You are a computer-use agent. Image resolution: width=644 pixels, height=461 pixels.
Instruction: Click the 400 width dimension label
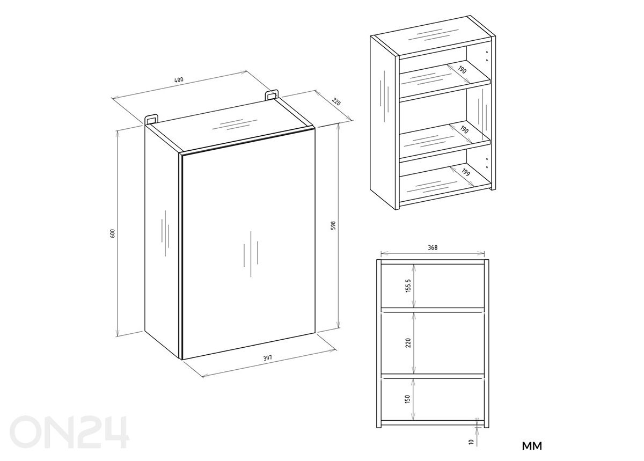[x=179, y=79]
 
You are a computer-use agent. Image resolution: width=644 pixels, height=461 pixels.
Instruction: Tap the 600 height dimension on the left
[x=112, y=233]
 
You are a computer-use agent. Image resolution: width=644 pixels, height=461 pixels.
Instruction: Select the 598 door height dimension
[x=333, y=225]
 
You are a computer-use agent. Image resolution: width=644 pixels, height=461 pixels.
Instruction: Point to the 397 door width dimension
[x=267, y=358]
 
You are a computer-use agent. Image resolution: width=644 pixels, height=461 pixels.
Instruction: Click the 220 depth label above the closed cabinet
[x=336, y=102]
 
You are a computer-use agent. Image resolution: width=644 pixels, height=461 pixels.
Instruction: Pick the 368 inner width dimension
[x=433, y=247]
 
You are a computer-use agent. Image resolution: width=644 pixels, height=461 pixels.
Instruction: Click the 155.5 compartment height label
[x=408, y=286]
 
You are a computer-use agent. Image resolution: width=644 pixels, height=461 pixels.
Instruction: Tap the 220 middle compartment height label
[x=408, y=343]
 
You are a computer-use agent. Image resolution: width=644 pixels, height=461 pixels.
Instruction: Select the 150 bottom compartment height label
[x=407, y=399]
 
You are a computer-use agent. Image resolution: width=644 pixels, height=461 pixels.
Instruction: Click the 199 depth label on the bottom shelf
[x=466, y=172]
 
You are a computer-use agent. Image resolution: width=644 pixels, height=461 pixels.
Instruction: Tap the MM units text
[x=532, y=446]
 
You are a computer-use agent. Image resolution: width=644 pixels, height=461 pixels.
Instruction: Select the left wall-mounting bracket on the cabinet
[x=151, y=120]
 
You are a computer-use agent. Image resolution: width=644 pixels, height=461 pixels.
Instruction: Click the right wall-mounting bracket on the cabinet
[x=272, y=94]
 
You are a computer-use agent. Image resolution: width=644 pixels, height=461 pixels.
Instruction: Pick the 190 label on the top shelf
[x=462, y=70]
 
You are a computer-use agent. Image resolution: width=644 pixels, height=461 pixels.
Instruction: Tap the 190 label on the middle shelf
[x=464, y=130]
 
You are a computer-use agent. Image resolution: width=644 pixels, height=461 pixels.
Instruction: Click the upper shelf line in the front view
[x=433, y=310]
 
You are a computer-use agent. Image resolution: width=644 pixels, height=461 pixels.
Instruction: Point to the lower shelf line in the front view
[x=433, y=376]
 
